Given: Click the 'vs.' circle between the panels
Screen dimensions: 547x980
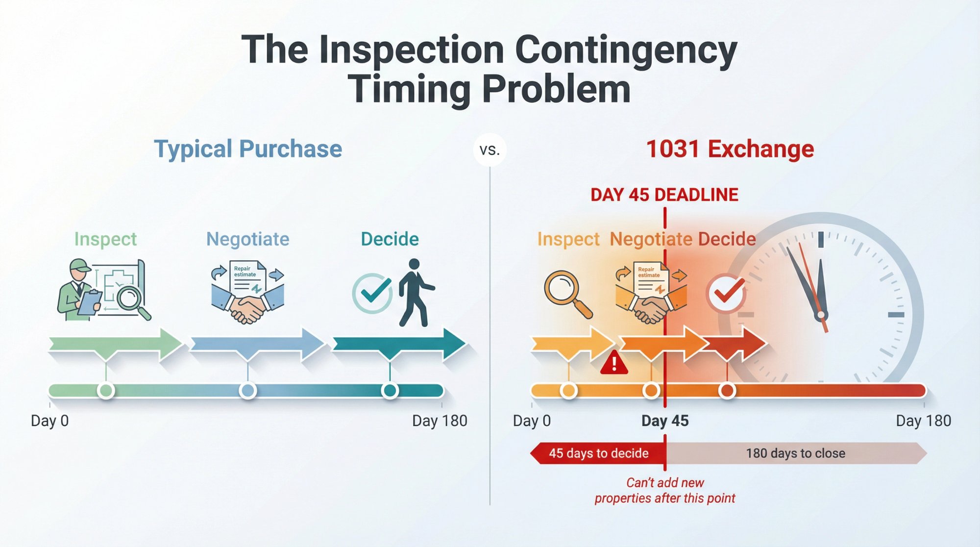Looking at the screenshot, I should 490,150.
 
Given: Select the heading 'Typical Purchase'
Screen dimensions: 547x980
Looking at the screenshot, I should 248,149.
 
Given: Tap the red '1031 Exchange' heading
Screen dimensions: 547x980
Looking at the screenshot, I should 730,149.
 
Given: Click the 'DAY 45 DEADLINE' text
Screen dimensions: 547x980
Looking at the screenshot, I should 664,195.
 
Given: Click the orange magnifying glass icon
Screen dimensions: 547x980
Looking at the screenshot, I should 566,294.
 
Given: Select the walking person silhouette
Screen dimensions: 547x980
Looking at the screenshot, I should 415,293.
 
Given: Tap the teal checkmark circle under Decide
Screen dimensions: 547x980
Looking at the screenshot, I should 372,293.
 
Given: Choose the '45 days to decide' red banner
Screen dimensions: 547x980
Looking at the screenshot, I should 598,453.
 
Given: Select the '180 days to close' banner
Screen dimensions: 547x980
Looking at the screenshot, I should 795,453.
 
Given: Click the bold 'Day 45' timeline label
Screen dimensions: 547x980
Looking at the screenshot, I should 664,421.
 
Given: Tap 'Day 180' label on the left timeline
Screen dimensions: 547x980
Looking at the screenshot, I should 439,421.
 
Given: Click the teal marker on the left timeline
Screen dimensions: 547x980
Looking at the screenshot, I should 390,391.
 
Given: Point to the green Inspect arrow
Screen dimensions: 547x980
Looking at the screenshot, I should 115,344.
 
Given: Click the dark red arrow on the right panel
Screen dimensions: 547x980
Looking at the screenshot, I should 740,343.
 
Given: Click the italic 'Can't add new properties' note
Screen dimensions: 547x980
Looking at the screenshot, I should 664,491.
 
